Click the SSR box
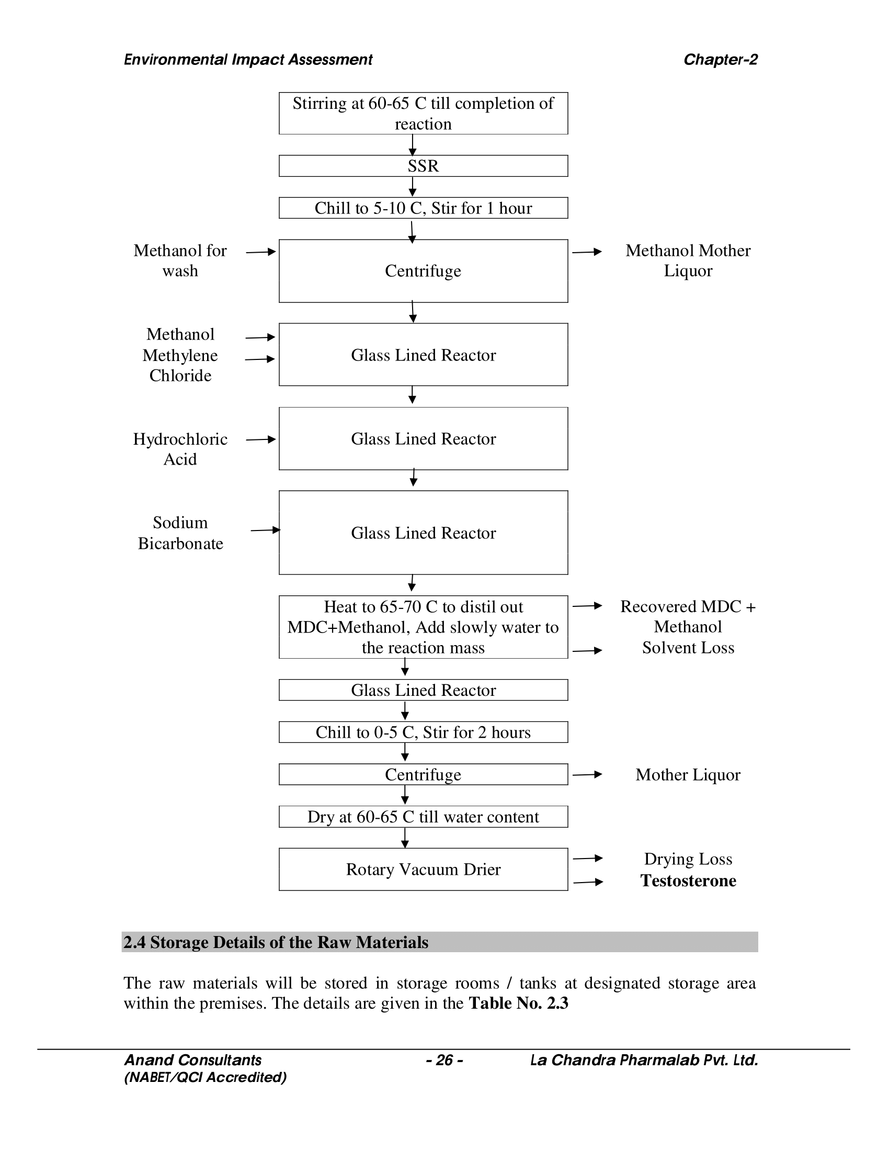point(423,166)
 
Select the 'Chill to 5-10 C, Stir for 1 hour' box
point(423,208)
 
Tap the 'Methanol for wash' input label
point(180,261)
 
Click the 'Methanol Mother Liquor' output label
point(688,261)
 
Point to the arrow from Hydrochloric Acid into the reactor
point(261,439)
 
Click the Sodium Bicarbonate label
point(180,533)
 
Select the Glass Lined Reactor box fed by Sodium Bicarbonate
point(423,533)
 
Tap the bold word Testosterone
point(688,881)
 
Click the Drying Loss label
point(688,859)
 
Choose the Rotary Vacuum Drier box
point(423,869)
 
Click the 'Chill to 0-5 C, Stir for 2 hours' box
point(423,732)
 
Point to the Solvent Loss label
point(688,648)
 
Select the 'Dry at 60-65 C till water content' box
point(423,816)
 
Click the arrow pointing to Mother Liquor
point(587,774)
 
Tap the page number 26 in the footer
point(444,1060)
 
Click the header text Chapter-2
point(720,60)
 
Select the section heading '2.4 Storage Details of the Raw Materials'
point(276,942)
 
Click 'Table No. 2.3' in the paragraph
point(518,1003)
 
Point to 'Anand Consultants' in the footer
point(193,1060)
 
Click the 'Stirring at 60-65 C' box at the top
point(423,114)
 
